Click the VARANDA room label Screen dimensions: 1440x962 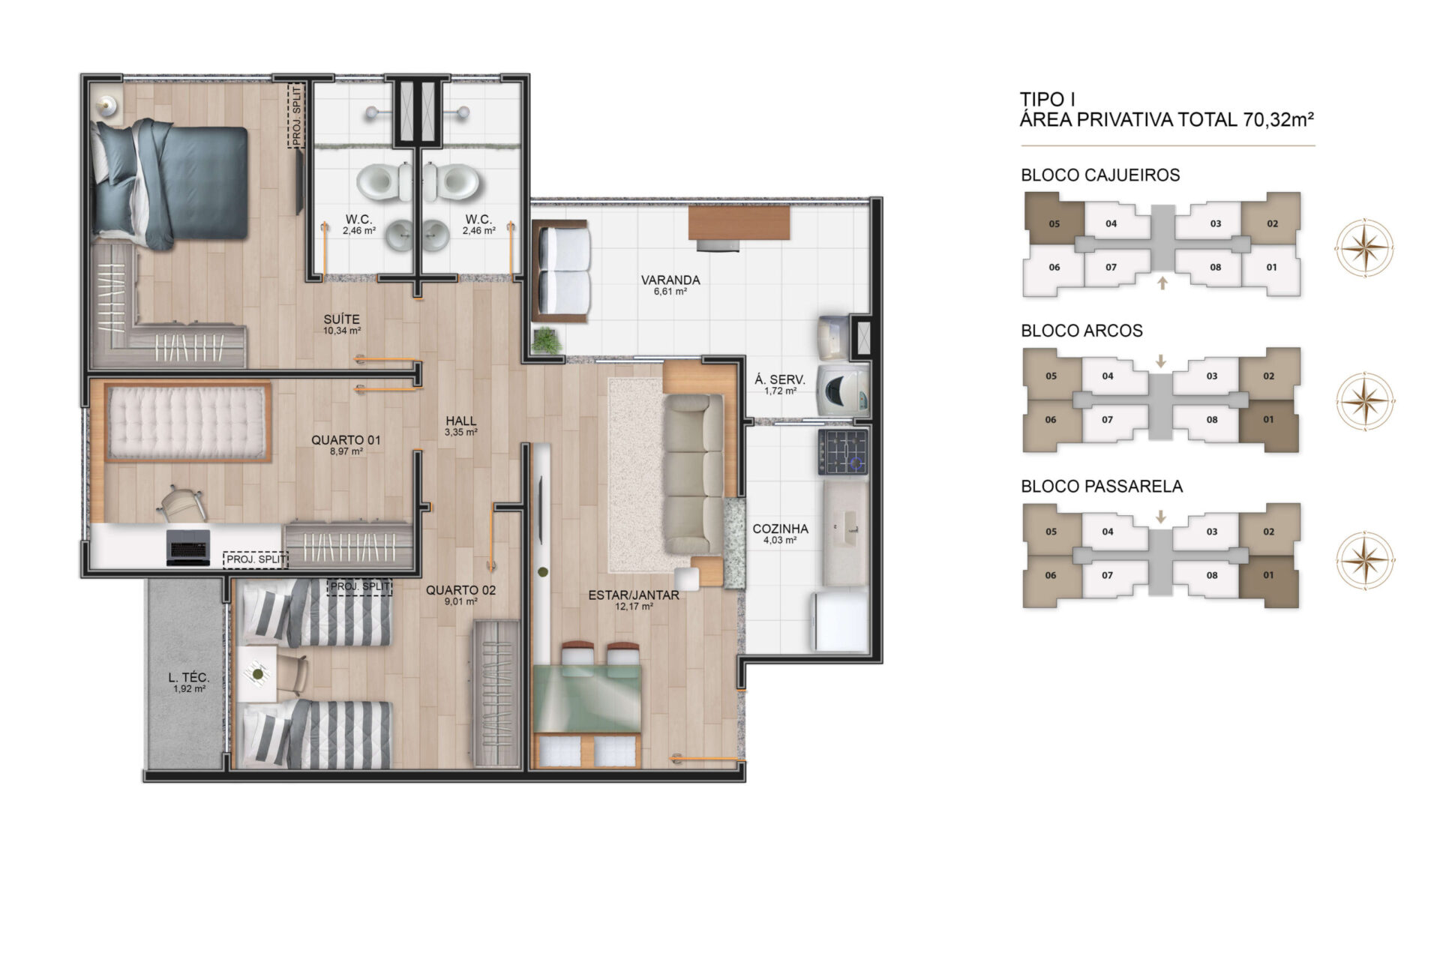(x=670, y=280)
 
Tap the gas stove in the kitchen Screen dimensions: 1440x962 (x=843, y=452)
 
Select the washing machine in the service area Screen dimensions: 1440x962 (x=844, y=390)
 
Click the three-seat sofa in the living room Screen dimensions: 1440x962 (x=694, y=474)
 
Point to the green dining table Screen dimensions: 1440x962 (x=586, y=699)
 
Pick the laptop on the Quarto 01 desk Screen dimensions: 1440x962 (x=187, y=547)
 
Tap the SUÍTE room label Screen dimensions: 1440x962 (x=341, y=319)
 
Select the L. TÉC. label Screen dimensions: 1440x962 (x=189, y=678)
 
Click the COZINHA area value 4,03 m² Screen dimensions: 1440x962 (x=780, y=540)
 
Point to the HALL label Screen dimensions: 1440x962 (x=460, y=421)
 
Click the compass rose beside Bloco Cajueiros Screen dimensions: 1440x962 (x=1364, y=247)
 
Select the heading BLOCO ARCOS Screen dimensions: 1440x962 (x=1081, y=331)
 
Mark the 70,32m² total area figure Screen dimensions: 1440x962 (x=1278, y=119)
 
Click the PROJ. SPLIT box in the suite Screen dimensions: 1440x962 (x=296, y=116)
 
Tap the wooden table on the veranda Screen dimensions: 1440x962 (x=739, y=223)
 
